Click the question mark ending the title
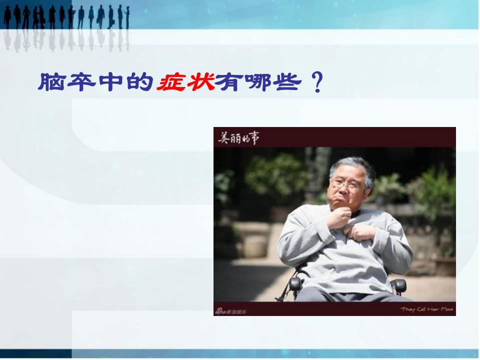coord(316,83)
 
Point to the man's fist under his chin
coord(339,217)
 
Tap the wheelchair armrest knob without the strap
coord(398,285)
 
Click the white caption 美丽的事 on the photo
coord(238,137)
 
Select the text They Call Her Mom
coord(426,309)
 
